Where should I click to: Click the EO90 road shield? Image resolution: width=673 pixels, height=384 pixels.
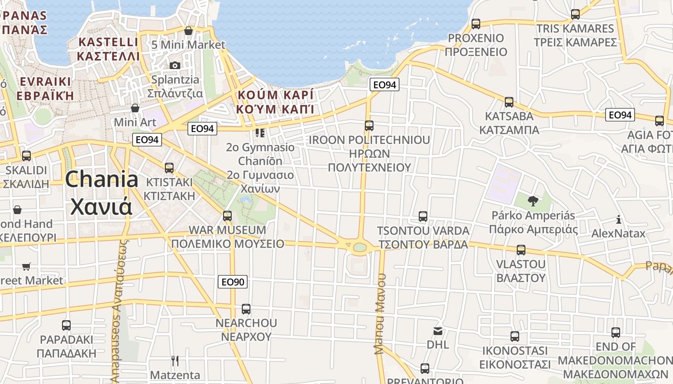[x=233, y=282]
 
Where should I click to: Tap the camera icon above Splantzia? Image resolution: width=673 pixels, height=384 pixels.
[x=175, y=65]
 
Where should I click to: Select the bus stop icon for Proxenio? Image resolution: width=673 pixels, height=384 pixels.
[x=476, y=24]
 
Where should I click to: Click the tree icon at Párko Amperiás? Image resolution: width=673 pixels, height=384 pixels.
[x=533, y=201]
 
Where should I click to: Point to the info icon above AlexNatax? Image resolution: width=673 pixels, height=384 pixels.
[x=619, y=220]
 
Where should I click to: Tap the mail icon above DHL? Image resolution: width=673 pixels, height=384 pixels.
[x=438, y=331]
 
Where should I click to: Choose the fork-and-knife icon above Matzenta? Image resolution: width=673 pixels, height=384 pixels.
[x=175, y=360]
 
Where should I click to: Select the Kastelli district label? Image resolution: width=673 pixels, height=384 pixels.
[x=108, y=49]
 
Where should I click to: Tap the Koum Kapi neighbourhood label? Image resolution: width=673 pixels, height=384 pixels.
[x=275, y=101]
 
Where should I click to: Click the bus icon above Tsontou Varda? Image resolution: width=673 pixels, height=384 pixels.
[x=423, y=216]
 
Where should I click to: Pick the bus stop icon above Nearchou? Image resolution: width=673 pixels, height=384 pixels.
[x=246, y=309]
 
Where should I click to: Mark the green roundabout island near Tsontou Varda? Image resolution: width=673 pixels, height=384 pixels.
[x=359, y=248]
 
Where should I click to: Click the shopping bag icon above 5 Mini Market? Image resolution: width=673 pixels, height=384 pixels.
[x=188, y=31]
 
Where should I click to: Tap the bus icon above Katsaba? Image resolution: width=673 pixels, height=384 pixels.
[x=509, y=102]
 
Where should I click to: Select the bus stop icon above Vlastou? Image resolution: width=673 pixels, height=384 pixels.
[x=521, y=250]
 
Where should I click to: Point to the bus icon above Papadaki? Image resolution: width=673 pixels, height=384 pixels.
[x=66, y=325]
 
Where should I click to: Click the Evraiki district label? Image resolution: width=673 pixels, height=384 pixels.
[x=45, y=88]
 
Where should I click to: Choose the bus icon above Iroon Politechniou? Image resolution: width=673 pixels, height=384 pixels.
[x=369, y=126]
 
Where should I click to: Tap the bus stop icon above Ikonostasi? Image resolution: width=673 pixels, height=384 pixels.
[x=515, y=336]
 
